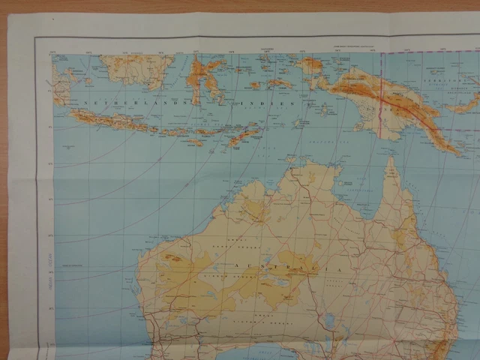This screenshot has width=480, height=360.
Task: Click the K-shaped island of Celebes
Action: (206, 78)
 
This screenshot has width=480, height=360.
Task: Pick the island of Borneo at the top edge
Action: (135, 68)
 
